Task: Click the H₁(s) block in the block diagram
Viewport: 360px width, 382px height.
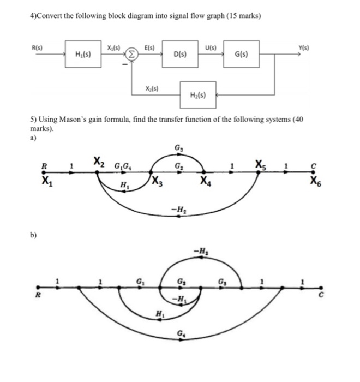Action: (x=83, y=55)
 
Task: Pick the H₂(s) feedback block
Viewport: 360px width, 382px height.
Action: (x=198, y=95)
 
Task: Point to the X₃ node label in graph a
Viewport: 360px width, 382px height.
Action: (x=156, y=182)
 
